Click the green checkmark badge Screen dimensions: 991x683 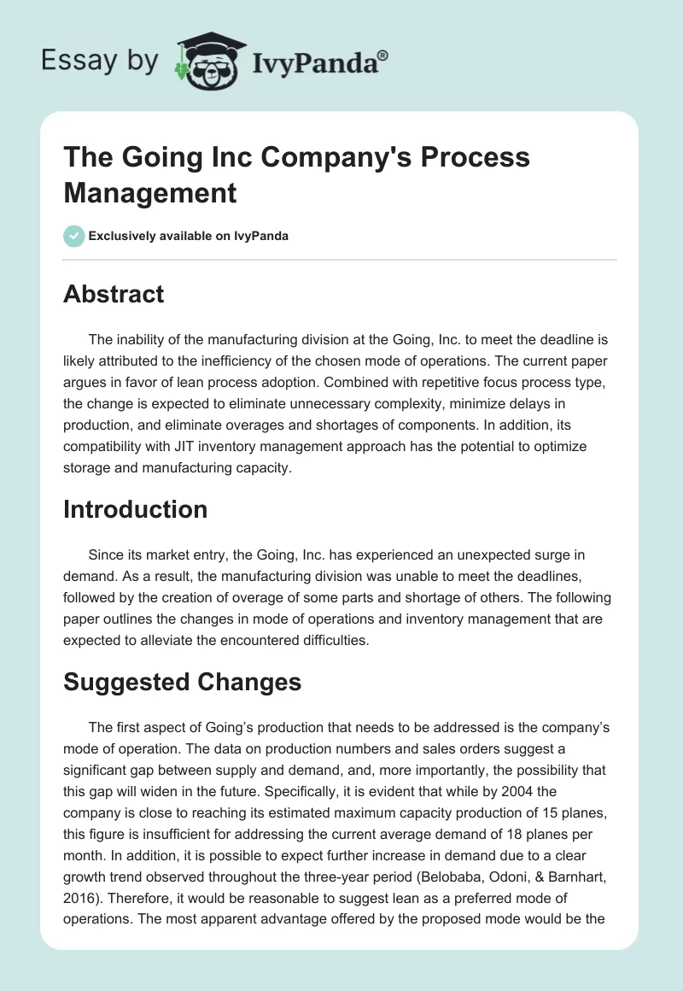(x=74, y=236)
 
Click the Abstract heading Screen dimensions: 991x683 (x=114, y=294)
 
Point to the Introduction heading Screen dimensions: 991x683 (x=136, y=509)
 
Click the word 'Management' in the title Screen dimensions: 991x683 (x=150, y=192)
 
